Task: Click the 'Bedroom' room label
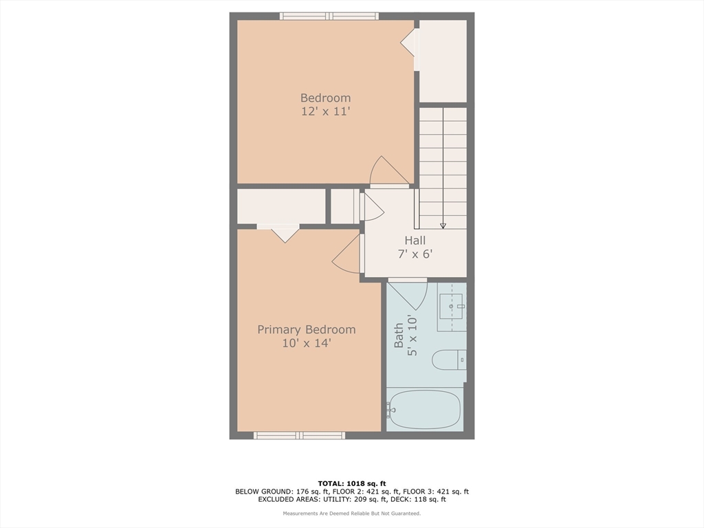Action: [x=325, y=98]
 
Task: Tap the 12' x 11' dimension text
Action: [x=325, y=111]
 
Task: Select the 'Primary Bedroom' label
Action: [x=307, y=329]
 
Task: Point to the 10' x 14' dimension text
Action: [x=307, y=342]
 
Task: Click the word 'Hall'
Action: [x=415, y=240]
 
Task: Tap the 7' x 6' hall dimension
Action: [x=415, y=253]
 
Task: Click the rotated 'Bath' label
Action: [x=399, y=335]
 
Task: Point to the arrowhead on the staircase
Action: [x=443, y=224]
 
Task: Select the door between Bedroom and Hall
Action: [x=388, y=173]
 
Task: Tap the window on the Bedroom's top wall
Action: [x=329, y=16]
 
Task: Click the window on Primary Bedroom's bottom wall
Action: [x=299, y=435]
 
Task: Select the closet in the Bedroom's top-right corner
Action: [x=443, y=60]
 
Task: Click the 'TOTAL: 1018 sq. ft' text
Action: [x=351, y=483]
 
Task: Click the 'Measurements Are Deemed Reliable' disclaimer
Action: [x=351, y=514]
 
